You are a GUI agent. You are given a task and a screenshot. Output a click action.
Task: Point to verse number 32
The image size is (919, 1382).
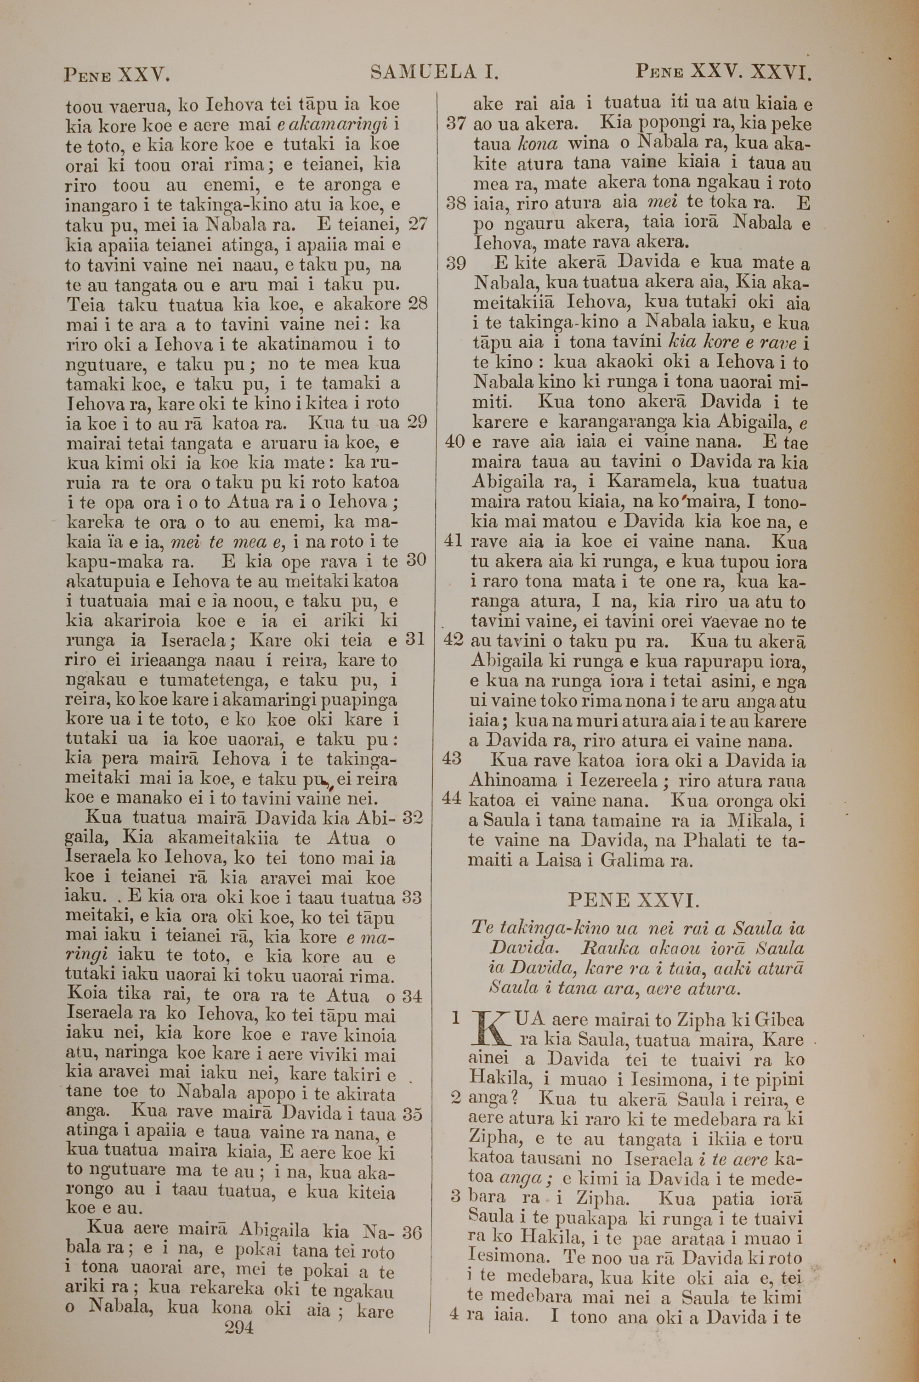[x=413, y=818]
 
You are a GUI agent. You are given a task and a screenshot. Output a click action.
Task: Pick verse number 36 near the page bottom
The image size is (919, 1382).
[x=412, y=1233]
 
